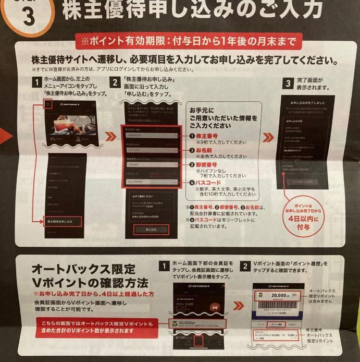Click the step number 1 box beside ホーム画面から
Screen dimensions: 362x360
(x=37, y=82)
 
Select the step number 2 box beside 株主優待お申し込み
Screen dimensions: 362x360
(x=115, y=82)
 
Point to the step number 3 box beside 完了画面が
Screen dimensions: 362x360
(x=287, y=83)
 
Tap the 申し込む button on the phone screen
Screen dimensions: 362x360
(x=149, y=230)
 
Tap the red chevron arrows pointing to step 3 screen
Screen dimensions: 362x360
(x=269, y=138)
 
